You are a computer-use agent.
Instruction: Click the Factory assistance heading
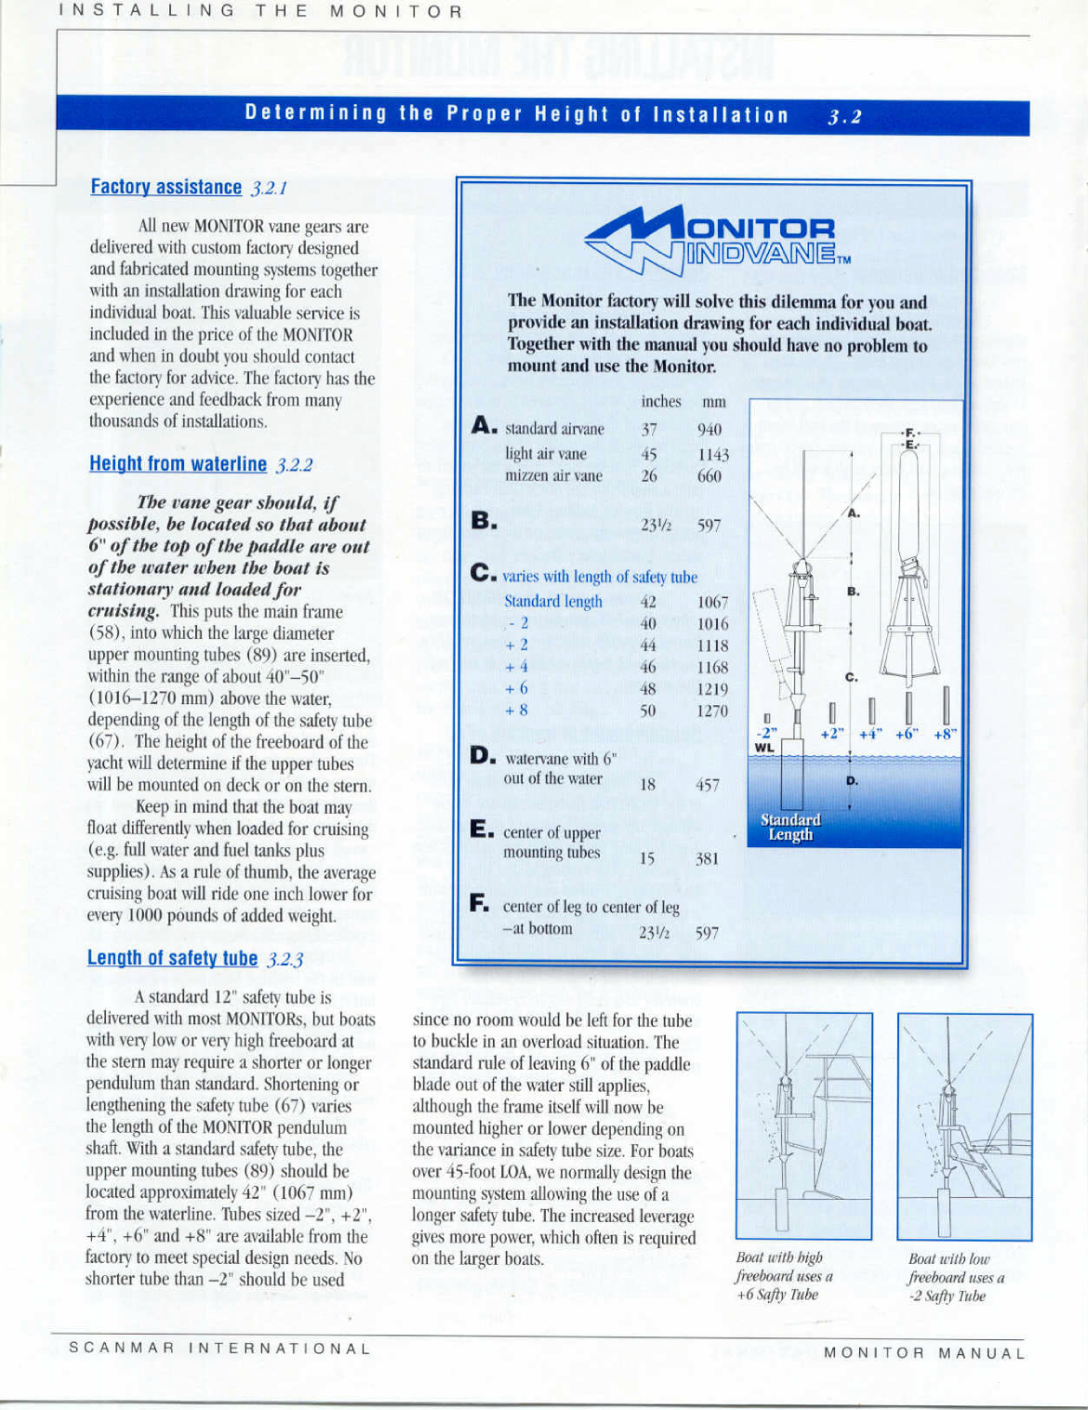click(x=166, y=187)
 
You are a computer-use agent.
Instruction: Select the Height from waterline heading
click(x=178, y=464)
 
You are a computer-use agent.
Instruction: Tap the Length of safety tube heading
click(x=172, y=958)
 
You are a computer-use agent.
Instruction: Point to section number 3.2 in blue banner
click(x=844, y=116)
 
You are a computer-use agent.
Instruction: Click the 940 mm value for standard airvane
click(x=710, y=429)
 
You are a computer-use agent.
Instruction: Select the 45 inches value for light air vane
click(x=649, y=454)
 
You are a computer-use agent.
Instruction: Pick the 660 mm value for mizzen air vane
click(x=710, y=476)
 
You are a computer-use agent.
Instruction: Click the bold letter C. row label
click(x=484, y=573)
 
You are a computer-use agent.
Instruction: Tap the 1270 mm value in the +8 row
click(x=712, y=711)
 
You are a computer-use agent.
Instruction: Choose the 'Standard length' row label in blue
click(x=553, y=602)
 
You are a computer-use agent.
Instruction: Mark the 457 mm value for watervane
click(x=708, y=785)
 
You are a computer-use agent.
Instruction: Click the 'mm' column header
click(x=713, y=402)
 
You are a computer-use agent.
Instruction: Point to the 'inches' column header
click(x=661, y=402)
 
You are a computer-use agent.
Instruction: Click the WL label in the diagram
click(x=763, y=748)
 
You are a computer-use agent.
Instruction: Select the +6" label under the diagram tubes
click(x=908, y=733)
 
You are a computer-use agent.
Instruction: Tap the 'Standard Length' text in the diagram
click(x=790, y=827)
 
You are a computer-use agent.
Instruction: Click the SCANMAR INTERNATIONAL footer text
click(x=220, y=1349)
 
